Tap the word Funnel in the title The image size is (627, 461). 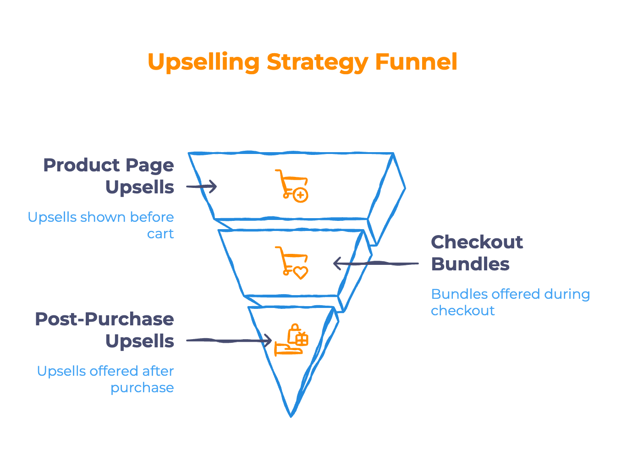click(416, 61)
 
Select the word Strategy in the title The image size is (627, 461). click(317, 62)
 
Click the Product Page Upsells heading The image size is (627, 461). click(109, 176)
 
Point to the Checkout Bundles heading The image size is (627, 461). click(477, 253)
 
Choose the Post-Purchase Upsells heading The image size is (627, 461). click(104, 330)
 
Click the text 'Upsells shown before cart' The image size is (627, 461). click(101, 225)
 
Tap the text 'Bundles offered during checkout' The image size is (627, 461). click(510, 302)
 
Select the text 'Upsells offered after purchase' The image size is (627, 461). click(105, 379)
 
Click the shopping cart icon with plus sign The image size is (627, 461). click(291, 185)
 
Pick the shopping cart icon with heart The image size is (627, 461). click(291, 263)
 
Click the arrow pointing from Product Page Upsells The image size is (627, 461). click(201, 187)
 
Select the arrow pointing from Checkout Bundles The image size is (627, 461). click(375, 263)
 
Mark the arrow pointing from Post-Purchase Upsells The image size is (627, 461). click(229, 340)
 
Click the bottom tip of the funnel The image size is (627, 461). click(291, 414)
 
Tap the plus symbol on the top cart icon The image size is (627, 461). click(301, 196)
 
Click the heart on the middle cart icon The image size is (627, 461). click(301, 273)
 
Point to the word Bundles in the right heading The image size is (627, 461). click(470, 264)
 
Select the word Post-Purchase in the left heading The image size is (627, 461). click(104, 319)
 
